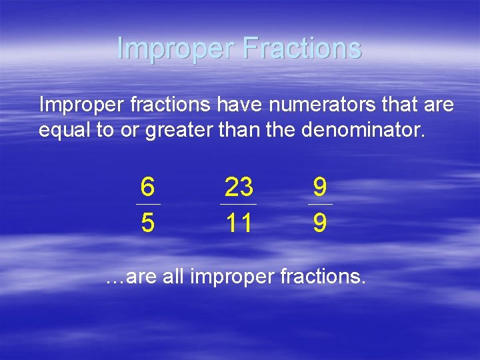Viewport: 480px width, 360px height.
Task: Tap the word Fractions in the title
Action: [303, 49]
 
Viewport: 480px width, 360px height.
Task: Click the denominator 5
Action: [148, 223]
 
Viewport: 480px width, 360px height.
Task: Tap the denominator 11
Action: [238, 223]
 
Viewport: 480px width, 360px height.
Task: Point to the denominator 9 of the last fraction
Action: [320, 223]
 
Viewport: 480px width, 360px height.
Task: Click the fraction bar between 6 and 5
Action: [148, 204]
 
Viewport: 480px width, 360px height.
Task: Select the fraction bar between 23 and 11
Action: [238, 204]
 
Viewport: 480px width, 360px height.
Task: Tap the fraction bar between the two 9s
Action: [320, 204]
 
